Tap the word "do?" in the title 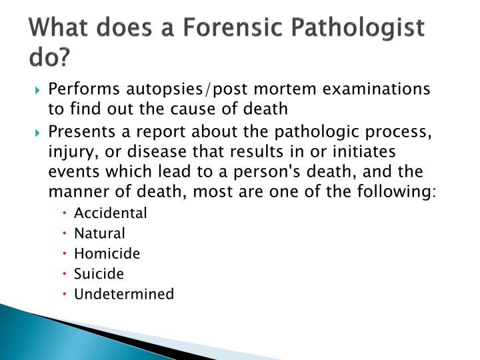[49, 59]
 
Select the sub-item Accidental [111, 213]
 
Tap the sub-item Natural [100, 233]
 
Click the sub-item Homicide [107, 253]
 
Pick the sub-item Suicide [99, 273]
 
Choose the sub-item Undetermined [125, 294]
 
